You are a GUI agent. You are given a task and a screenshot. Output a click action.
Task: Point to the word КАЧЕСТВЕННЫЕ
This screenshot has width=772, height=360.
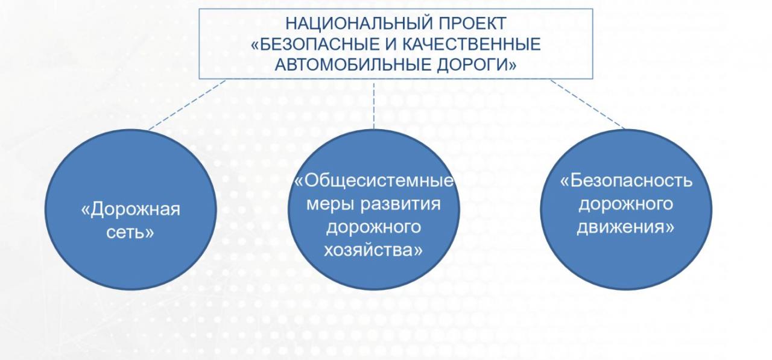pyautogui.click(x=472, y=44)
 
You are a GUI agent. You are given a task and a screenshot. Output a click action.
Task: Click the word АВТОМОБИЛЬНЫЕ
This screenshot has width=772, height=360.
pyautogui.click(x=353, y=65)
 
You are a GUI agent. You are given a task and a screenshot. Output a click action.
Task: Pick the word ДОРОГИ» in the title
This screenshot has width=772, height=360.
pyautogui.click(x=477, y=65)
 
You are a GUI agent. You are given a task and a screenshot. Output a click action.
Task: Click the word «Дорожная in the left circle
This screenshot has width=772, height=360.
pyautogui.click(x=131, y=209)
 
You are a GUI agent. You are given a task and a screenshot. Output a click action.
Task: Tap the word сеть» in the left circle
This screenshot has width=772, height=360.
pyautogui.click(x=130, y=232)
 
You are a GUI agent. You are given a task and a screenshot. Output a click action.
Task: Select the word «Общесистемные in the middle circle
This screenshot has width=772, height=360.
pyautogui.click(x=374, y=180)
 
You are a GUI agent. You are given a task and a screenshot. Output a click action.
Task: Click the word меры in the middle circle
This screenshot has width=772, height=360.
pyautogui.click(x=330, y=204)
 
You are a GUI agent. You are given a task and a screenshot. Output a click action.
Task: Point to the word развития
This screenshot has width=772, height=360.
pyautogui.click(x=400, y=204)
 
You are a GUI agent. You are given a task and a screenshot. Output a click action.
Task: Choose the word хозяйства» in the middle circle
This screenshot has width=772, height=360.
pyautogui.click(x=373, y=250)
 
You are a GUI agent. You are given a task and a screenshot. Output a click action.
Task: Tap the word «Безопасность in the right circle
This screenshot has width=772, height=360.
pyautogui.click(x=626, y=180)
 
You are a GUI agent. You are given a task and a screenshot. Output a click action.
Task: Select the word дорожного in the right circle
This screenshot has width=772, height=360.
pyautogui.click(x=626, y=204)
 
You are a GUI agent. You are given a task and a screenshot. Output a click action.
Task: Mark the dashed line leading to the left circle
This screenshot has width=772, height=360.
pyautogui.click(x=187, y=105)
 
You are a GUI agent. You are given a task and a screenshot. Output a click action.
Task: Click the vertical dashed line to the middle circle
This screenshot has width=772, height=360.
pyautogui.click(x=374, y=106)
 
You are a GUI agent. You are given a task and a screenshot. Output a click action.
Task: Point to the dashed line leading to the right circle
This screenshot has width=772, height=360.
pyautogui.click(x=587, y=104)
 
